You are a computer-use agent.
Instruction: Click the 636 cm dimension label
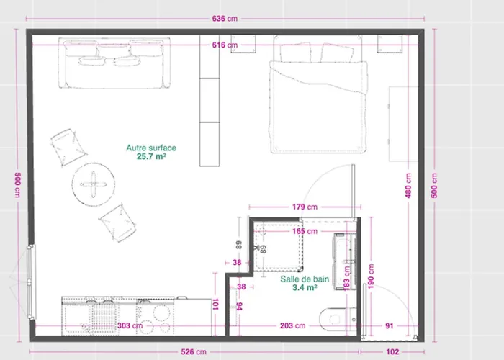pos(225,19)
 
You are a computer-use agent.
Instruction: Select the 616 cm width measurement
pos(225,45)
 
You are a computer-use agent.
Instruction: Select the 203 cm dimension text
pos(290,326)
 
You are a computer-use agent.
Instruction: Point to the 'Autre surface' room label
pos(151,148)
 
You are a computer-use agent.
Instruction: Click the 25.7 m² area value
pos(151,156)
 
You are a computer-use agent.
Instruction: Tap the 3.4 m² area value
pos(305,287)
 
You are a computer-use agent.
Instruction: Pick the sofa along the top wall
pos(116,63)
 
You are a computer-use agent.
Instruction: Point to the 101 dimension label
pos(217,305)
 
